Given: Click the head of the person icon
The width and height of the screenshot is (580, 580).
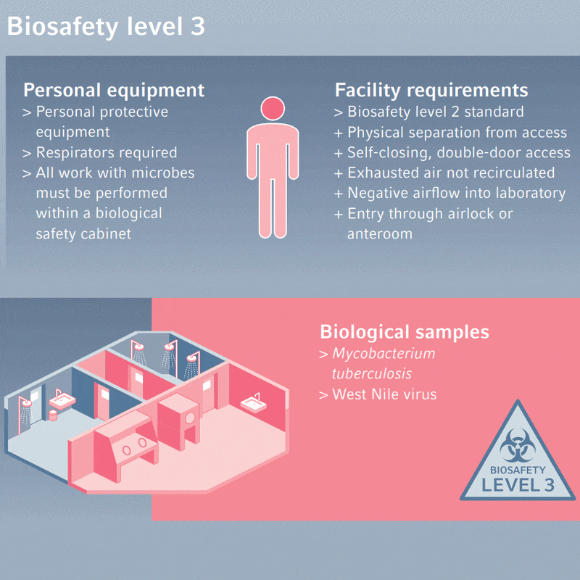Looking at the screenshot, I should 272,109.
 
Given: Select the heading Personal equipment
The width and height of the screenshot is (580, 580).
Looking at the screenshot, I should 114,91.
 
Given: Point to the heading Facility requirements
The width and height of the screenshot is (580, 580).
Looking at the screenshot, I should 431,91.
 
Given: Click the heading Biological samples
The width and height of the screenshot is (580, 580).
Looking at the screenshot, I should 405,332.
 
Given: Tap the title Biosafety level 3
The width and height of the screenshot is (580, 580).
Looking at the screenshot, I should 106,27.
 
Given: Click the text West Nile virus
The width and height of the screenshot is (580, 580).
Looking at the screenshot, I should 384,394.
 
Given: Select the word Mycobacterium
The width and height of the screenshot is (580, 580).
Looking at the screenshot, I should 384,354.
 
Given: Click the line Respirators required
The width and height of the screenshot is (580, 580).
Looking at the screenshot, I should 106,152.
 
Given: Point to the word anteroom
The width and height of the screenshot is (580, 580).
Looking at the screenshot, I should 380,233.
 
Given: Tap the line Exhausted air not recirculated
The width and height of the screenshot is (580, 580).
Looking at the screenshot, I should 451,173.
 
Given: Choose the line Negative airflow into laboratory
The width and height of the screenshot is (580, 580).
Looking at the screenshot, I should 456,193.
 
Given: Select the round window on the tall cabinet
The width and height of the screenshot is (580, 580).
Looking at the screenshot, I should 191,418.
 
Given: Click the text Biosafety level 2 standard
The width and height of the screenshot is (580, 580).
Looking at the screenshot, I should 435,112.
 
